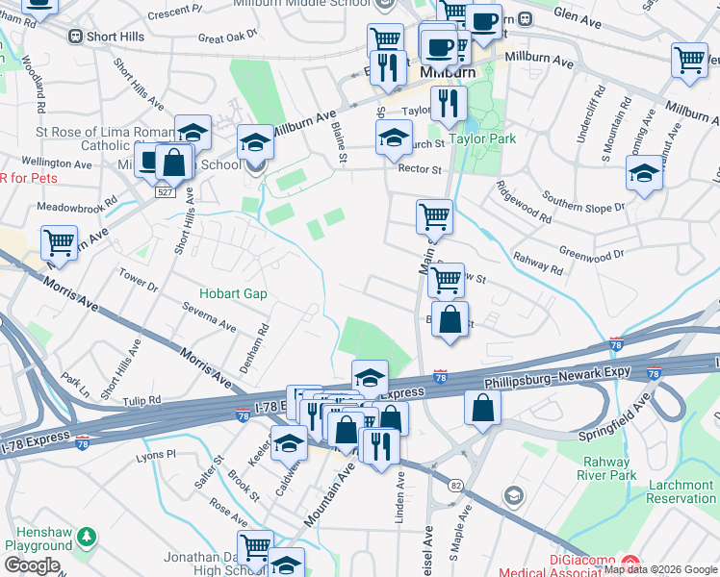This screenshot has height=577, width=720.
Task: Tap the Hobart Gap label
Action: (233, 293)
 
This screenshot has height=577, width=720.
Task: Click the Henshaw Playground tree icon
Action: (87, 536)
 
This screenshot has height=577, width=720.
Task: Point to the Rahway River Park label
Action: (606, 468)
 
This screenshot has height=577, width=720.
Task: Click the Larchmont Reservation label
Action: (681, 491)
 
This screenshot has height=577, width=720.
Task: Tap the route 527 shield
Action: (166, 192)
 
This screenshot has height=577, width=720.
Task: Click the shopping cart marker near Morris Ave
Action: (60, 243)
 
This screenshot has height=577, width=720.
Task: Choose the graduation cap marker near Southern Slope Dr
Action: (644, 174)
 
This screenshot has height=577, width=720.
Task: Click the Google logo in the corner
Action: (32, 565)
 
